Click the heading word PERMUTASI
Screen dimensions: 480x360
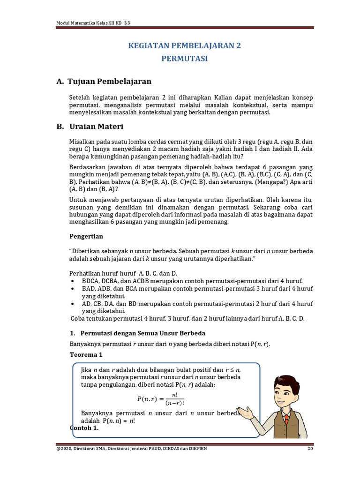coord(184,59)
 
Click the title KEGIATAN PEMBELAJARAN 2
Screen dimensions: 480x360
coord(184,46)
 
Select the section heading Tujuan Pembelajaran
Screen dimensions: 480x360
coord(109,82)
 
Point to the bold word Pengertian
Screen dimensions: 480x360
coord(86,236)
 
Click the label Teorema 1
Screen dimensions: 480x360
coord(85,355)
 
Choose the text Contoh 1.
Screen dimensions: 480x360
coord(84,428)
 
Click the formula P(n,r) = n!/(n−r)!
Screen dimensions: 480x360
coord(161,399)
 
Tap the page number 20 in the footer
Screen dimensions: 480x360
coord(310,449)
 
